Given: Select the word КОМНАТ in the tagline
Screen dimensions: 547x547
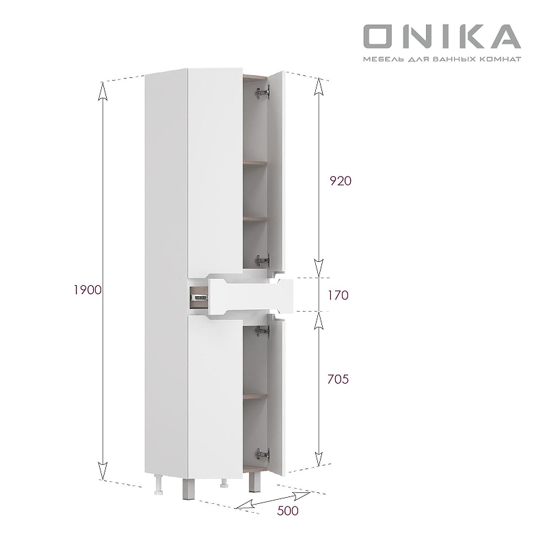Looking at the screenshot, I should tap(503, 59).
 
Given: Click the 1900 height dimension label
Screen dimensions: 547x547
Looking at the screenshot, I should tap(88, 290).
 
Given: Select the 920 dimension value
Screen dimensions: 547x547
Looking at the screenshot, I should tap(340, 181).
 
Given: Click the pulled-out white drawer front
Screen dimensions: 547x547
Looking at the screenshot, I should tap(250, 296).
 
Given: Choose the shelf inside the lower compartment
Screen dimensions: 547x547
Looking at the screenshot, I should tap(254, 395).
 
